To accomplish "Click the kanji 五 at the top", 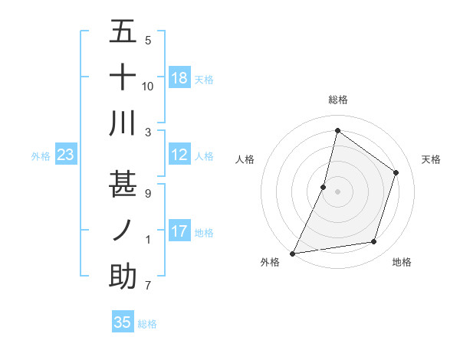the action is tap(123, 32).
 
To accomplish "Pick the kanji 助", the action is tap(123, 277).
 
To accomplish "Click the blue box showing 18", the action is tap(179, 78).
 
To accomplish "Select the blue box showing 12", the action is tap(179, 155).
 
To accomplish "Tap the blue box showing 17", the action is tap(179, 232).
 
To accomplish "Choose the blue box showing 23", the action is tap(65, 155).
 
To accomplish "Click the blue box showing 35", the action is tap(123, 322).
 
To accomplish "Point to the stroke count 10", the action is tap(148, 86).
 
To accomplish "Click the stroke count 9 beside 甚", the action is tap(147, 194).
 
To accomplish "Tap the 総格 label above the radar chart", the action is tap(337, 100).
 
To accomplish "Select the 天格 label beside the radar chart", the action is tap(431, 159).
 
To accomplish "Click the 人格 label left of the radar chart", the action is tap(245, 159).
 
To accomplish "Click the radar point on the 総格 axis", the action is tap(337, 131).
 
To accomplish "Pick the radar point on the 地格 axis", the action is tap(374, 242).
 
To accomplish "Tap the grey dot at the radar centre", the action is tap(337, 191).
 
